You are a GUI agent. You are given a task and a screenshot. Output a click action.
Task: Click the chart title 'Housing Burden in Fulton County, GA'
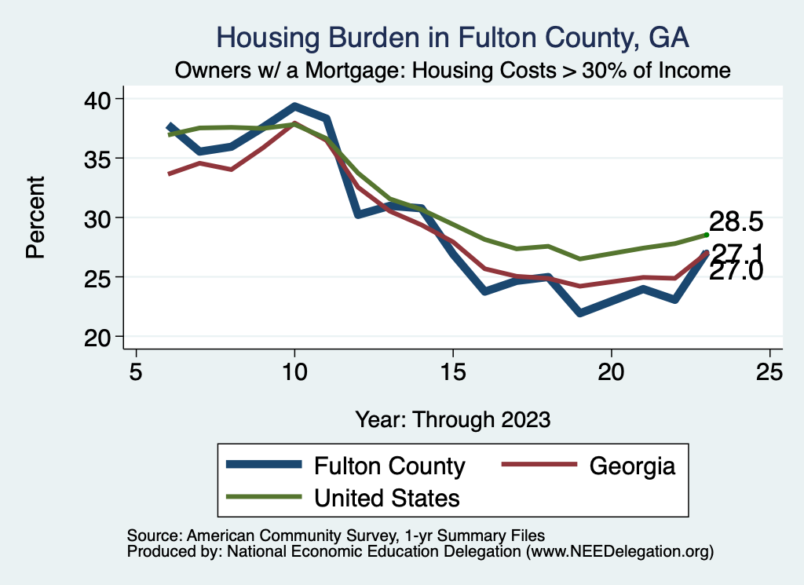click(x=452, y=38)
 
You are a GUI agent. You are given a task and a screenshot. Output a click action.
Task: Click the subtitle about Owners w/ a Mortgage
click(x=452, y=70)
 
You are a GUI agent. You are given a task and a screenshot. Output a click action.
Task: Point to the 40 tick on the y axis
click(x=97, y=100)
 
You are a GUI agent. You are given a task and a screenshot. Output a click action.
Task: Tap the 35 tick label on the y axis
click(x=97, y=159)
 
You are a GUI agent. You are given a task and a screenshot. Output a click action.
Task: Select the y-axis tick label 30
click(x=97, y=218)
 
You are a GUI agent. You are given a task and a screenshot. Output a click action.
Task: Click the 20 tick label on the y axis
click(x=97, y=338)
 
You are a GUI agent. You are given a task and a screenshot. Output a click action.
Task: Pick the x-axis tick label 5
click(x=136, y=371)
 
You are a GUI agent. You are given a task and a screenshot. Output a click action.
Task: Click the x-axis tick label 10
click(x=295, y=371)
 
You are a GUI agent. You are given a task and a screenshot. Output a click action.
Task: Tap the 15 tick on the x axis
click(x=453, y=371)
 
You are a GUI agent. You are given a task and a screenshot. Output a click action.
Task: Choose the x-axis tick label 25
click(x=769, y=371)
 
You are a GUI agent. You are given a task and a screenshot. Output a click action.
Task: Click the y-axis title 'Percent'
click(x=36, y=218)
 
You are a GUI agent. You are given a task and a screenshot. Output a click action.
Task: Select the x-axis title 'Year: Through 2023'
click(x=453, y=419)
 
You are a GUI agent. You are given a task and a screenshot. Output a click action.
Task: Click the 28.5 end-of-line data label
click(x=736, y=221)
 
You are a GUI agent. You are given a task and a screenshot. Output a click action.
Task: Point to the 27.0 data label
click(x=736, y=271)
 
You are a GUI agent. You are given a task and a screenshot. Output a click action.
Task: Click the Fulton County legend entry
click(x=346, y=466)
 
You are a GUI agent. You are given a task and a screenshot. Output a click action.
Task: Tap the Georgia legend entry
click(x=589, y=466)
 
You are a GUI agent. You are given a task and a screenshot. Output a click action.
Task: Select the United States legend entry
click(x=343, y=497)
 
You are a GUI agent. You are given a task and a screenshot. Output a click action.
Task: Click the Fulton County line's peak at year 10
click(x=295, y=107)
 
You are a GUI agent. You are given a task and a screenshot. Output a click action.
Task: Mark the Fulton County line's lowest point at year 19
click(x=580, y=313)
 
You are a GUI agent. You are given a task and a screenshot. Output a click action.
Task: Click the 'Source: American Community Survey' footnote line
click(x=336, y=536)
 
